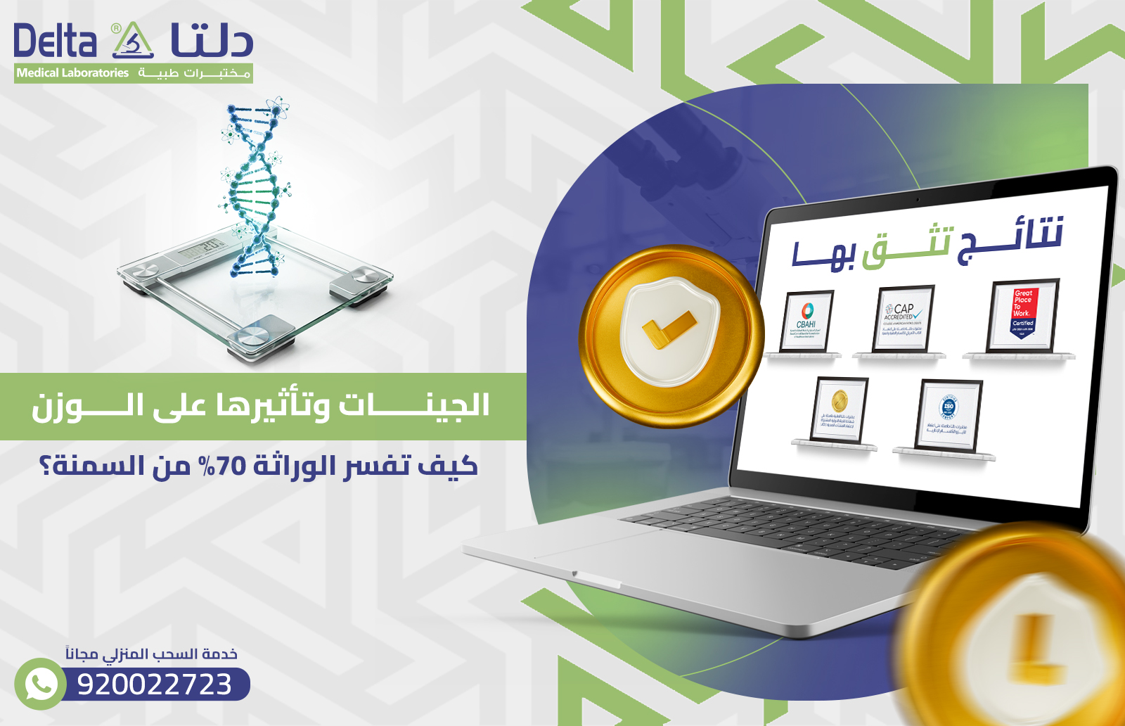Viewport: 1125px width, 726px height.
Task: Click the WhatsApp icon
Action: click(41, 684)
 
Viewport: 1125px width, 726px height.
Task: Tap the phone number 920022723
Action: click(155, 684)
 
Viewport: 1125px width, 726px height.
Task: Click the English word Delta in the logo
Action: click(55, 42)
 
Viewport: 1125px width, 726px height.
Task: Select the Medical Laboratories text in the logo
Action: click(72, 73)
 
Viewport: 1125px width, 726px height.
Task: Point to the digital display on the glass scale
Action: click(201, 248)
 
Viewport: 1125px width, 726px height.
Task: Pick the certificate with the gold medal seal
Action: click(839, 410)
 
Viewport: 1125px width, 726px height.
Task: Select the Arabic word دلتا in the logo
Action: click(211, 41)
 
